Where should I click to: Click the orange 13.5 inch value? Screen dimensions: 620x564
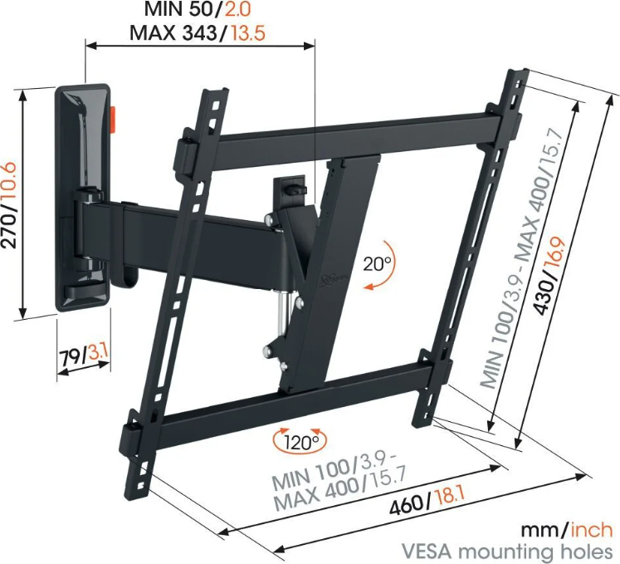pos(247,33)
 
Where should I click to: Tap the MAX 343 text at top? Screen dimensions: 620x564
pos(173,33)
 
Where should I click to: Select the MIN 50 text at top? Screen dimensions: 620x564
pos(180,9)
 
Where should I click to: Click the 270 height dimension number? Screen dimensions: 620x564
pos(8,228)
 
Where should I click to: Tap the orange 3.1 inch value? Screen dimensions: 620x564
pos(98,352)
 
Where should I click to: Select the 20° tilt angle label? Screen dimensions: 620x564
pos(377,263)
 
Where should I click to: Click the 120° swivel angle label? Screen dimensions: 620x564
pos(300,441)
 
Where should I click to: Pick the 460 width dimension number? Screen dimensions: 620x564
pos(407,505)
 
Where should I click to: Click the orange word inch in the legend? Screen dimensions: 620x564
pos(592,530)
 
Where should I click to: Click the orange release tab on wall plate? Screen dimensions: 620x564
pos(112,119)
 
